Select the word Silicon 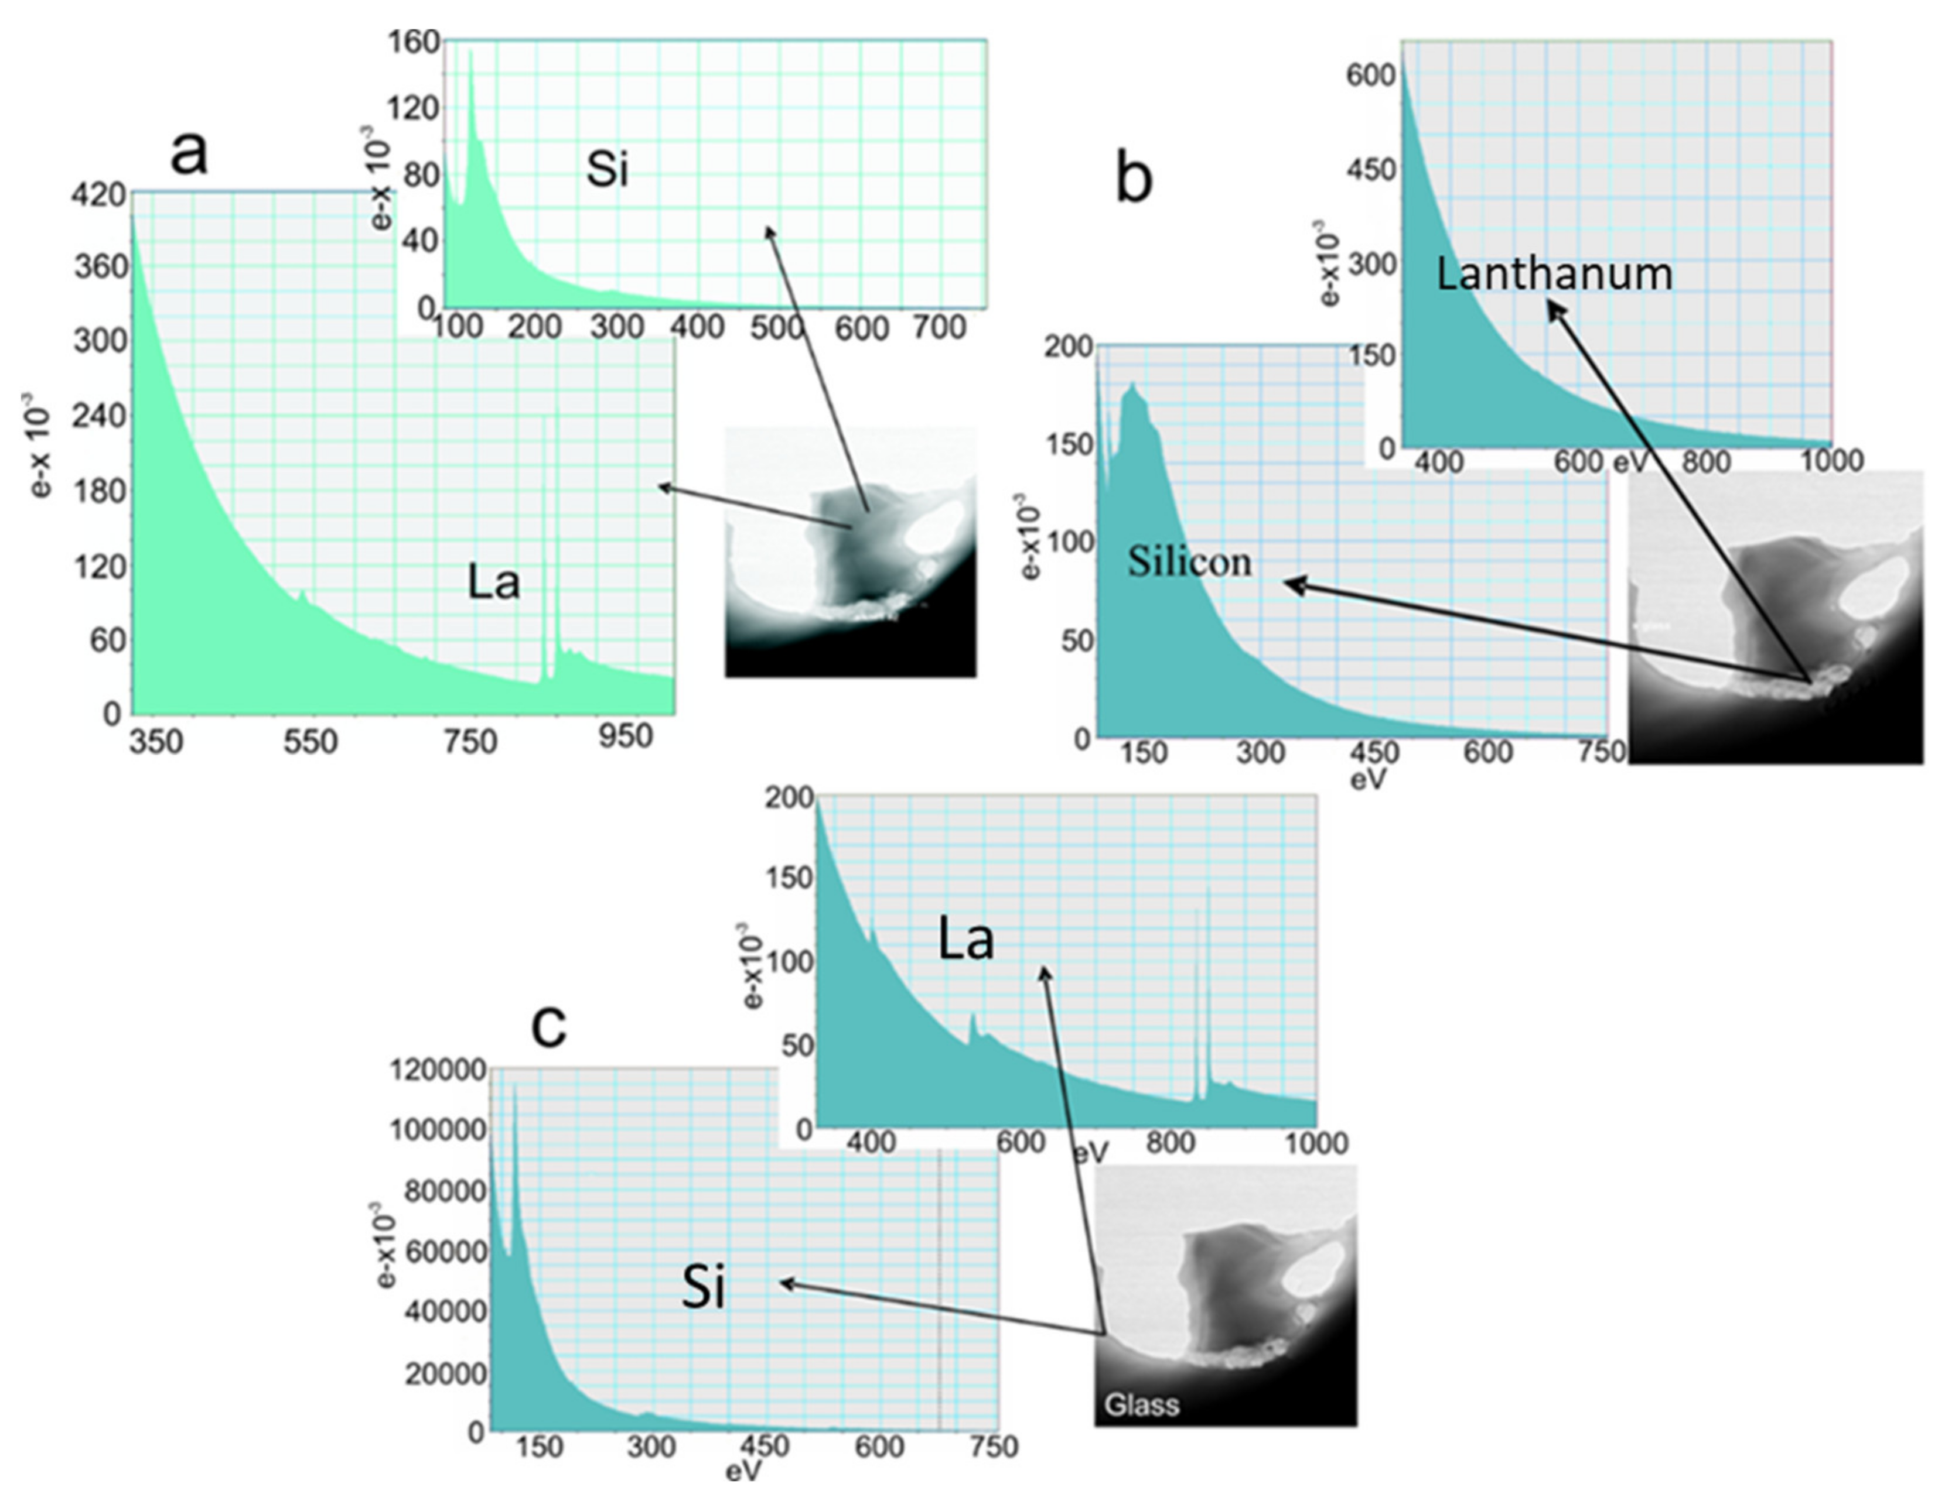(1190, 561)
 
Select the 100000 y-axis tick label (438, 1131)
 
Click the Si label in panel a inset (607, 169)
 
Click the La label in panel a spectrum (493, 583)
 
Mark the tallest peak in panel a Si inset (470, 53)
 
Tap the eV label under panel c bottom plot (743, 1472)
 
